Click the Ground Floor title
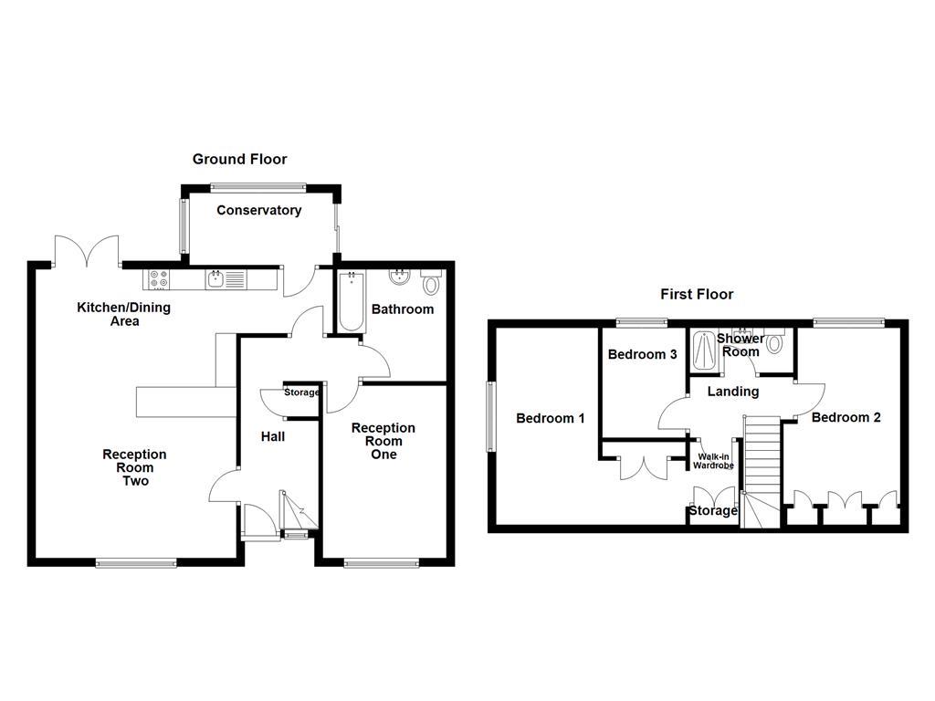[239, 160]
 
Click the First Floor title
[697, 294]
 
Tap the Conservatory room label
[258, 211]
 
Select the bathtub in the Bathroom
[351, 301]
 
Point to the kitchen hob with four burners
[156, 277]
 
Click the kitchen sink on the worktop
[215, 277]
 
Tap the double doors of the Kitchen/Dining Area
[88, 251]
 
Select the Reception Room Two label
[134, 467]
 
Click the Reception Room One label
[383, 441]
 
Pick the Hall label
[272, 437]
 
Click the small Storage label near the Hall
[301, 392]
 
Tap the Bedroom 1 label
[551, 419]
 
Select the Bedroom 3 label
[642, 354]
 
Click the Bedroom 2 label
[846, 418]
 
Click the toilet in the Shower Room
[775, 343]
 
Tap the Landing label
[733, 392]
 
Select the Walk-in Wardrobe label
[713, 461]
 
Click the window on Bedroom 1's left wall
[491, 416]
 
